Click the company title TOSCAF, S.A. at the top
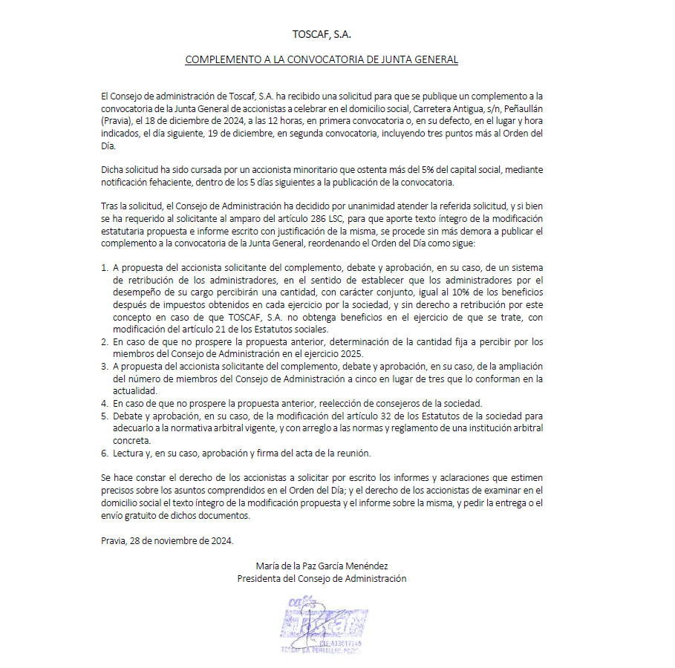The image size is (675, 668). pos(321,34)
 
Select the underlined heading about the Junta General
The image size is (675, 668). pos(321,59)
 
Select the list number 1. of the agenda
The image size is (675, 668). pos(105,266)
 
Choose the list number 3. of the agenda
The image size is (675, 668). pos(105,367)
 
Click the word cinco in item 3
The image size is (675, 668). pos(378,379)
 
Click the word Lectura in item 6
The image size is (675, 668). pos(129,453)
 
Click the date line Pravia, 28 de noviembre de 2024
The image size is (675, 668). pos(167,540)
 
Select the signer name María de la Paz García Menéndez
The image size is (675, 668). pos(321,566)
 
